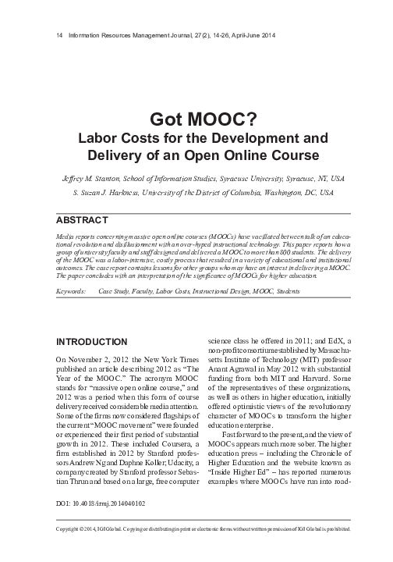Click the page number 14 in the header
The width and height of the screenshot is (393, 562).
50,36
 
